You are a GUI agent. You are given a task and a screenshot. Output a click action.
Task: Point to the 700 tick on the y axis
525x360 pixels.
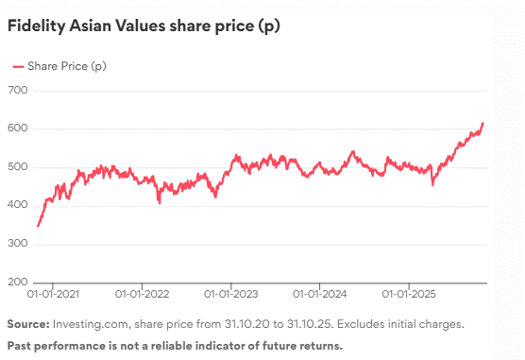coord(18,91)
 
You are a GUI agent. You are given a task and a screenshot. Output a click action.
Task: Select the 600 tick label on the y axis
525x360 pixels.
coord(18,129)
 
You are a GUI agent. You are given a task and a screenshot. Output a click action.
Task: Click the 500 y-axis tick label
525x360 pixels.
coord(18,167)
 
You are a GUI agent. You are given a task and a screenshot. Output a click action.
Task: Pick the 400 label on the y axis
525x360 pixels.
coord(18,206)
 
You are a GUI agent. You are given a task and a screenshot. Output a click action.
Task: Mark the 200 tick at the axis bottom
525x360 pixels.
coord(18,283)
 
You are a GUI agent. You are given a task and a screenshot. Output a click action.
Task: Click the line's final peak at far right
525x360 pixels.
coord(483,123)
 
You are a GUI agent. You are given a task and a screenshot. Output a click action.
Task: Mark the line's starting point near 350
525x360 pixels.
coord(38,226)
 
